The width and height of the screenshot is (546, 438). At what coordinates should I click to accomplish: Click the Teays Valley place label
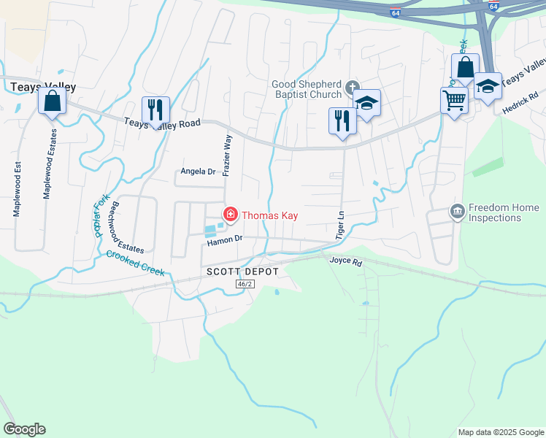tap(44, 87)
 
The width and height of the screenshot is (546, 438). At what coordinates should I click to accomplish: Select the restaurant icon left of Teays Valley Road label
tap(155, 109)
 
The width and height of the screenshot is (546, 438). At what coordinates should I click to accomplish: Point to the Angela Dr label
tap(199, 172)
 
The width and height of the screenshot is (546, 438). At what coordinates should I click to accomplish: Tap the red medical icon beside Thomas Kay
tap(231, 214)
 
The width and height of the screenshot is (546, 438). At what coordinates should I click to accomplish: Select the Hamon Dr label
tap(224, 239)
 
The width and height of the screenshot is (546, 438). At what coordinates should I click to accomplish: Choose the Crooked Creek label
tap(135, 264)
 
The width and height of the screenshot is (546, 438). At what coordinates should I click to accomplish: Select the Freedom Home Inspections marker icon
tap(458, 212)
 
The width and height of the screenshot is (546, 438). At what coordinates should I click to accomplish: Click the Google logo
tap(24, 429)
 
